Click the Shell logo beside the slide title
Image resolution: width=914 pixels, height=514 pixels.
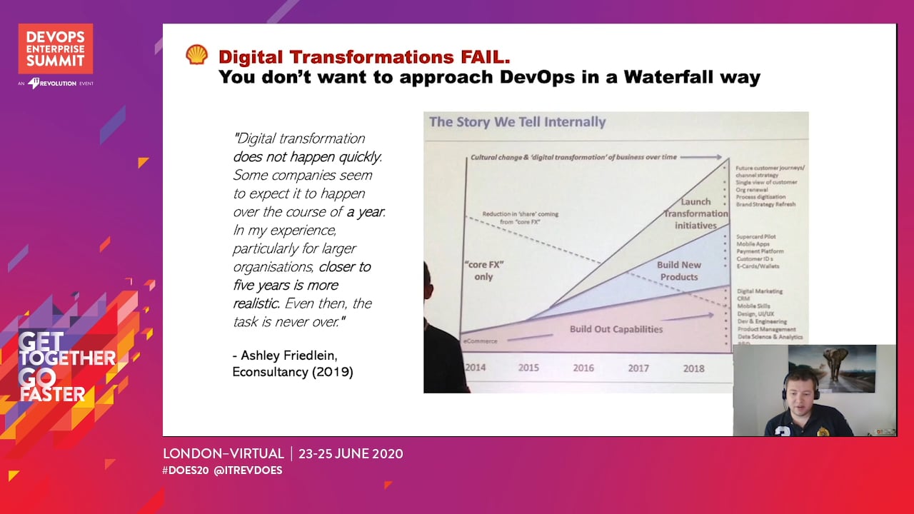[197, 55]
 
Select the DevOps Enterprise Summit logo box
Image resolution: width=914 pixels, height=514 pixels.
[56, 49]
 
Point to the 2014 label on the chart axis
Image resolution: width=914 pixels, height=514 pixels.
[476, 368]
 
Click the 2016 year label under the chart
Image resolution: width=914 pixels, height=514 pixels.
[583, 368]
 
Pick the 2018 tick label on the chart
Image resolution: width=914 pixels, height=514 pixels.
[693, 368]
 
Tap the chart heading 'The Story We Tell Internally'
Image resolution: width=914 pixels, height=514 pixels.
[517, 122]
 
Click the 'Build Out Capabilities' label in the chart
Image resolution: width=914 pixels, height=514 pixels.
[616, 329]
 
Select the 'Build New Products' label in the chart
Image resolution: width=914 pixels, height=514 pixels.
[678, 271]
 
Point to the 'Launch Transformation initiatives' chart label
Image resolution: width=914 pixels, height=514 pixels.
[695, 213]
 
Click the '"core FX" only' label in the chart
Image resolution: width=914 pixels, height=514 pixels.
[483, 271]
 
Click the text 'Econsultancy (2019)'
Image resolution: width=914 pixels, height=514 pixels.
[292, 372]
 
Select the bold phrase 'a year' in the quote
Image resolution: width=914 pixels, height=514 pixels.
[366, 212]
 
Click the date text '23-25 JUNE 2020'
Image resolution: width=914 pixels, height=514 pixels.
[351, 453]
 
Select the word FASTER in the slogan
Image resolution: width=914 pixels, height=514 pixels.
[53, 394]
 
